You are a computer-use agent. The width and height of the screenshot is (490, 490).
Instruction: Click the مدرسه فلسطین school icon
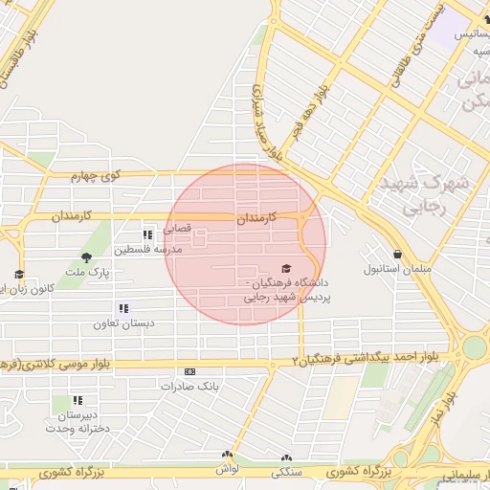[147, 234]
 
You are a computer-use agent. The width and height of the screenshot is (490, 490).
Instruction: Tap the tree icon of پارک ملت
[87, 256]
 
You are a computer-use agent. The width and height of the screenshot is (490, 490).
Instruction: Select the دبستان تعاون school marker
[122, 308]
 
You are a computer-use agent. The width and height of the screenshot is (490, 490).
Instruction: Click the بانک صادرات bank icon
[189, 371]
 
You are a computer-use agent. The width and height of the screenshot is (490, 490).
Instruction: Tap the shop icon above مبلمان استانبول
[396, 253]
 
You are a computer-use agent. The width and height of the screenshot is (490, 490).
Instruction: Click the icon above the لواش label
[227, 456]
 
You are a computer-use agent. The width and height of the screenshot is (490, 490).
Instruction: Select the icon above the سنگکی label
[285, 458]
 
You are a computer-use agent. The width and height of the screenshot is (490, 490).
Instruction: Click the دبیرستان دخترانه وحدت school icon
[77, 400]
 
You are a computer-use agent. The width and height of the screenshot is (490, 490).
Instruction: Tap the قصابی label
[177, 230]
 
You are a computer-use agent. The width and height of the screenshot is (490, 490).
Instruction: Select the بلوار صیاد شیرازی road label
[269, 120]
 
